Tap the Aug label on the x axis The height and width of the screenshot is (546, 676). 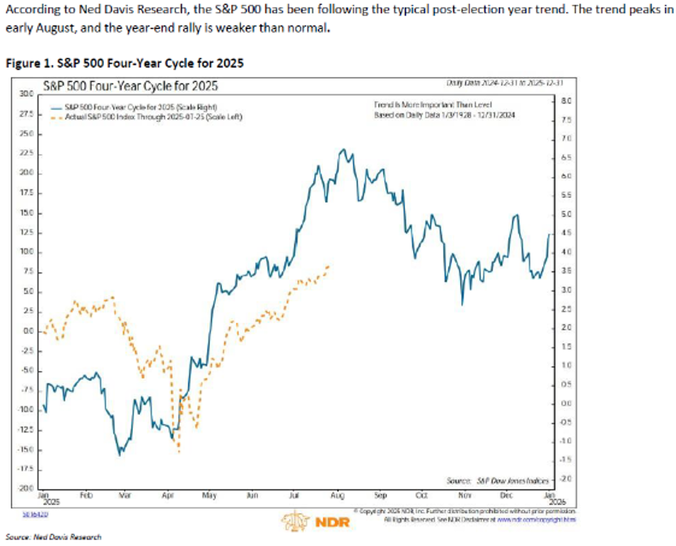click(338, 494)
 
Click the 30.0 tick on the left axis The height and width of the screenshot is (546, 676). click(26, 94)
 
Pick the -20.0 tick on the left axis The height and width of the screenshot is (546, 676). click(26, 487)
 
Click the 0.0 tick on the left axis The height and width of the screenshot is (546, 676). click(28, 331)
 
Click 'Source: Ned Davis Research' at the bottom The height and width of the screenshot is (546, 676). click(53, 537)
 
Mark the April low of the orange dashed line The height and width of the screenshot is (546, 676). click(178, 451)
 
